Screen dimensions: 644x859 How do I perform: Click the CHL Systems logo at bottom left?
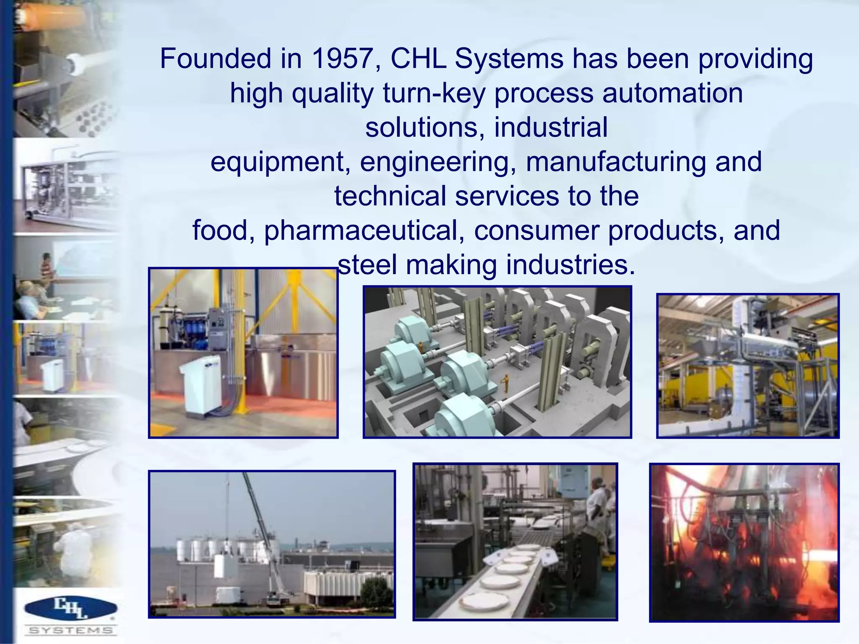click(70, 615)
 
